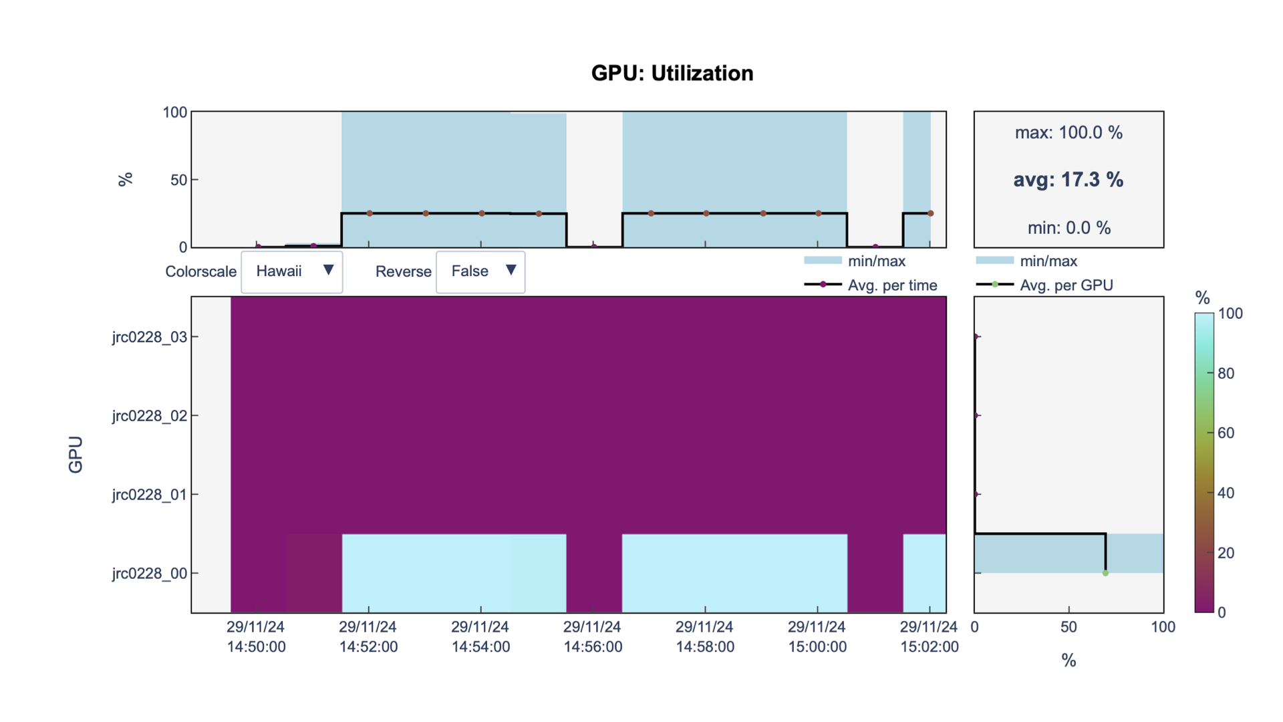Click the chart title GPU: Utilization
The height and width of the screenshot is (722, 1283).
click(672, 73)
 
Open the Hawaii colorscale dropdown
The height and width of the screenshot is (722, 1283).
click(292, 271)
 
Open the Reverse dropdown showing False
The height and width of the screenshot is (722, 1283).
click(480, 271)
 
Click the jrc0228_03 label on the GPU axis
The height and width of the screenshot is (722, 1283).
click(150, 337)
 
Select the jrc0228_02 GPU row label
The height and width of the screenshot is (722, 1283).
click(150, 416)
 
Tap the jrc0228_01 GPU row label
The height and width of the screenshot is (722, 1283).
click(150, 495)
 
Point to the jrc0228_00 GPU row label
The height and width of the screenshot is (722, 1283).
click(150, 574)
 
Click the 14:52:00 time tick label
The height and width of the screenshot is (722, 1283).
click(368, 637)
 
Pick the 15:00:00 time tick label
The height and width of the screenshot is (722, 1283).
click(817, 637)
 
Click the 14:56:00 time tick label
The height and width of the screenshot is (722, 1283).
click(593, 637)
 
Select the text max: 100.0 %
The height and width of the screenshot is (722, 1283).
click(1068, 132)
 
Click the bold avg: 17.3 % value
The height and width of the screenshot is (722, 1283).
click(1068, 179)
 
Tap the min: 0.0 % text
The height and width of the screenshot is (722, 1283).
click(1068, 228)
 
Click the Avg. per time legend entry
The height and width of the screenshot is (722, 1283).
click(892, 285)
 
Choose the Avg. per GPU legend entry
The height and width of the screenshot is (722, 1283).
click(1066, 285)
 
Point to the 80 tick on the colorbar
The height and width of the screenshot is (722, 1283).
click(1226, 373)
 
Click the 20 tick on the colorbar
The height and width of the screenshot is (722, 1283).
click(1226, 553)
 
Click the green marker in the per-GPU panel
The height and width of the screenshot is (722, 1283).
click(1105, 573)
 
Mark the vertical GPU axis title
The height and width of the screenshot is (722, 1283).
click(76, 455)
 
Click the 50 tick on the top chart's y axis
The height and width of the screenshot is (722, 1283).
click(178, 180)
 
